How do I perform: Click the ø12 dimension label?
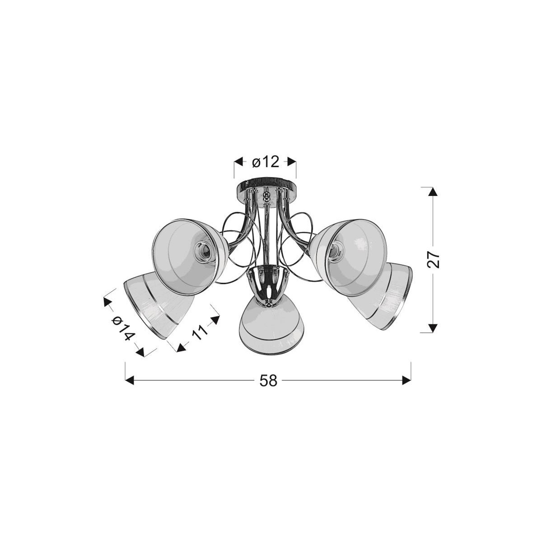[x=266, y=161]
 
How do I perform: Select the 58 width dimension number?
[x=268, y=381]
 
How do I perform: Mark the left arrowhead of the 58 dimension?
[x=129, y=381]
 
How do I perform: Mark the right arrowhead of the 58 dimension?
[x=406, y=381]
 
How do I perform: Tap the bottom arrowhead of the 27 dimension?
[x=433, y=328]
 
